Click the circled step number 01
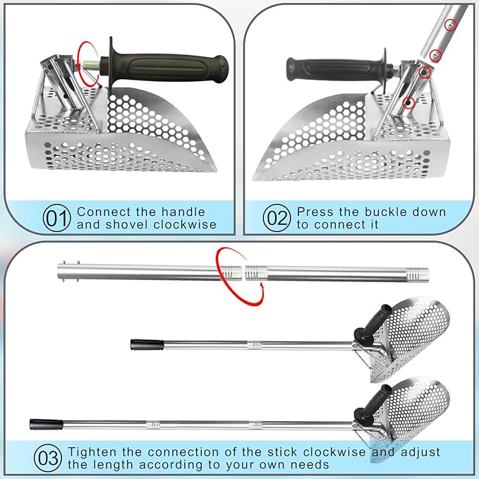point(58,219)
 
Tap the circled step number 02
point(277,219)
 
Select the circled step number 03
point(47,459)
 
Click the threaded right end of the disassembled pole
point(420,270)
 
